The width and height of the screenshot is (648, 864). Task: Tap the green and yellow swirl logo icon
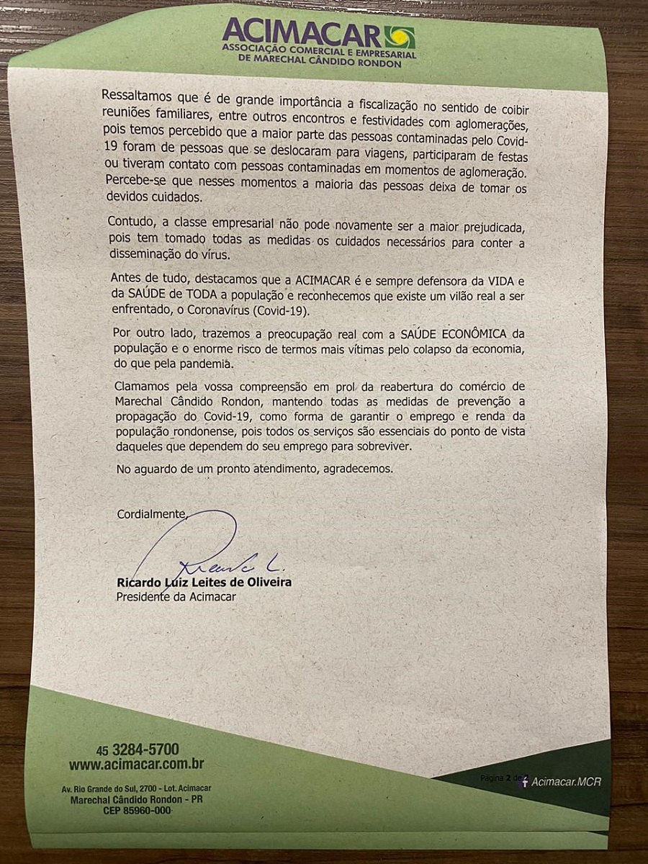[400, 36]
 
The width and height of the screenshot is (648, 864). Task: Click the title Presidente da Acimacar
[176, 596]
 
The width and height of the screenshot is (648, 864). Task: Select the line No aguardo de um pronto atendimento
[256, 469]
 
